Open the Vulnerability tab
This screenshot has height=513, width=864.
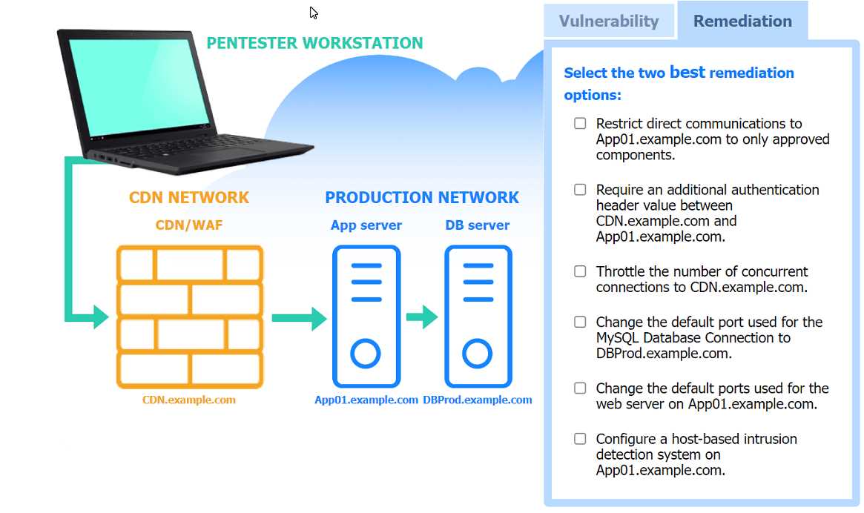(x=608, y=21)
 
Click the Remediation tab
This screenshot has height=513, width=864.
(x=742, y=21)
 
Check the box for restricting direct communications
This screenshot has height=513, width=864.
(x=580, y=124)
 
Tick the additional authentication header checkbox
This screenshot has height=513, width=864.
(x=580, y=190)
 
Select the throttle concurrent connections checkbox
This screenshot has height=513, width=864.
(x=580, y=271)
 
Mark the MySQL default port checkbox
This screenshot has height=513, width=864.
(x=580, y=322)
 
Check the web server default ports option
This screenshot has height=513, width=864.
(x=580, y=388)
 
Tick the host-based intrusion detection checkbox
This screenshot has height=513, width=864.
(x=580, y=439)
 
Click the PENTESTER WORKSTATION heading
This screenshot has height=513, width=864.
(x=314, y=43)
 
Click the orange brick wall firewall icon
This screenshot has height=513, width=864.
(x=190, y=317)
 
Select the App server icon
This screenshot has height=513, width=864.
(x=366, y=317)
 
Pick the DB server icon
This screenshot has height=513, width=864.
(x=478, y=317)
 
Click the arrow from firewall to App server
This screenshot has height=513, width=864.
(x=299, y=318)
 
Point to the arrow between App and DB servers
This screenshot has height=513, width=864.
(x=422, y=317)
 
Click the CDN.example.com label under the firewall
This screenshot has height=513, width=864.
(x=189, y=400)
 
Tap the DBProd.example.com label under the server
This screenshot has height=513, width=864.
(x=478, y=400)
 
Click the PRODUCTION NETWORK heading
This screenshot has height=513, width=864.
(x=422, y=198)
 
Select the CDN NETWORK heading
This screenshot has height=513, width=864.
(x=189, y=198)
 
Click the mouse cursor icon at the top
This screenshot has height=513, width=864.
(x=314, y=13)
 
